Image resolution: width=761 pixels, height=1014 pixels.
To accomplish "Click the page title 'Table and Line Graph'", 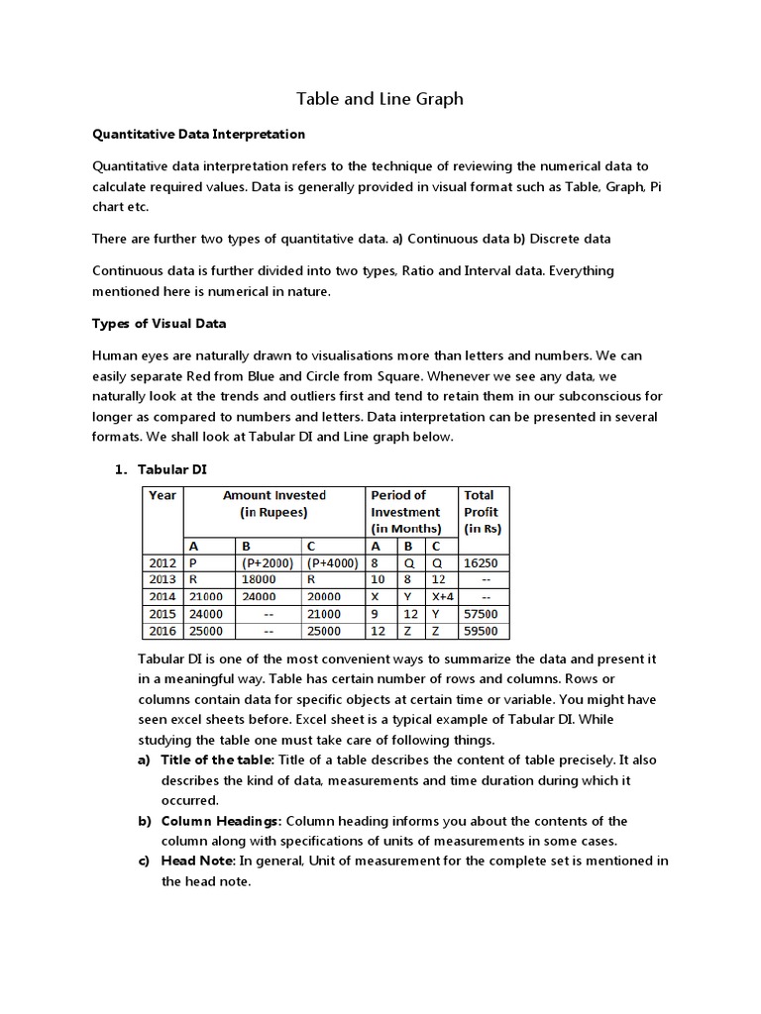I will [x=380, y=99].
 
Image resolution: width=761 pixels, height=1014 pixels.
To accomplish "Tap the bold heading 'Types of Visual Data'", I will [x=159, y=323].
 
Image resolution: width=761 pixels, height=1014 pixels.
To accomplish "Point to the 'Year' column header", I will [x=163, y=495].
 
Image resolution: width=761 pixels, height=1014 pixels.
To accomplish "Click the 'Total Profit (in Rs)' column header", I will [x=482, y=512].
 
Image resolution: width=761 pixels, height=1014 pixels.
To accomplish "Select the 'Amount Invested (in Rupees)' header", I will [x=273, y=504].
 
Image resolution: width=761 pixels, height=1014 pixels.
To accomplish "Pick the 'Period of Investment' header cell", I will [x=405, y=512].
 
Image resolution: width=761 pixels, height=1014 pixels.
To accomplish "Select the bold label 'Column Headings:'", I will [x=222, y=821].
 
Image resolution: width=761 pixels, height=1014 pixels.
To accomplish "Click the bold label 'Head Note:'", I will [x=199, y=862].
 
